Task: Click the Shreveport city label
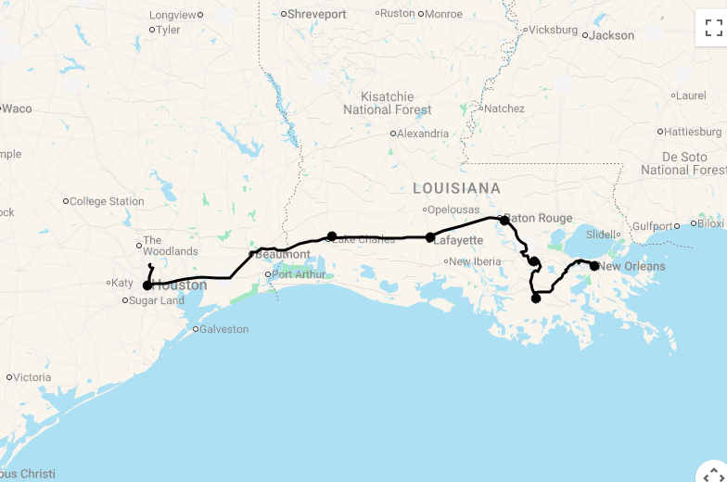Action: [316, 14]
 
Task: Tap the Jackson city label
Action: [612, 35]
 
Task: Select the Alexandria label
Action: [423, 133]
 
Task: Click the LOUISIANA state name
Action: [456, 188]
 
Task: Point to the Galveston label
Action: [224, 329]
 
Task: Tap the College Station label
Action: [107, 201]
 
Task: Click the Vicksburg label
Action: [554, 30]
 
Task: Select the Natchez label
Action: [504, 108]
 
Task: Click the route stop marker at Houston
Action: [147, 285]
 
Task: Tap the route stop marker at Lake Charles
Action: [332, 236]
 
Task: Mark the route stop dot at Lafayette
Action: [430, 237]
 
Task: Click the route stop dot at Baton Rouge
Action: [504, 221]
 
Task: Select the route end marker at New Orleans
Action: [594, 266]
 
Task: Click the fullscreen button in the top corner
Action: [711, 28]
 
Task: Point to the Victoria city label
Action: [32, 377]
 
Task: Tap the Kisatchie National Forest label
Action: [388, 103]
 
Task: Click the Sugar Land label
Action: [157, 300]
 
